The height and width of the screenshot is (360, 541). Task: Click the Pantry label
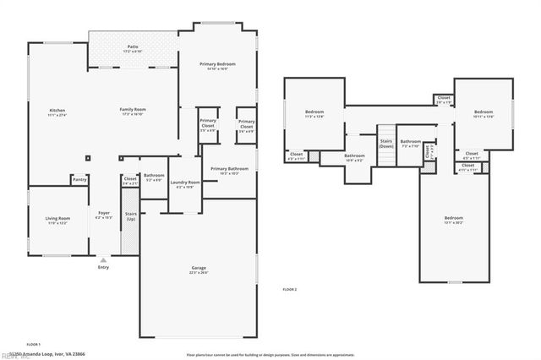pos(79,179)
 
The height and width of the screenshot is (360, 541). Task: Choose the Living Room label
pos(57,221)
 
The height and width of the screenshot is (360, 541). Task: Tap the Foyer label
pos(103,215)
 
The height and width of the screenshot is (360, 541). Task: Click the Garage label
pos(199,270)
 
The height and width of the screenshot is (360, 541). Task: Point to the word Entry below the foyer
pos(103,268)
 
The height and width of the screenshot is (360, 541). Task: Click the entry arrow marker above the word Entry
pos(103,259)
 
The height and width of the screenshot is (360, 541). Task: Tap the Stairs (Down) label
pos(385,144)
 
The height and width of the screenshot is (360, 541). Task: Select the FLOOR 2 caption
pos(290,290)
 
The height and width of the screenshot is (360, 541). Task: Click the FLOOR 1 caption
pos(34,345)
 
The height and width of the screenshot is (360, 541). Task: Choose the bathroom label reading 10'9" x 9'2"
pos(354,158)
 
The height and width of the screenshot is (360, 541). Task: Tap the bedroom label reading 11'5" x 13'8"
pos(314,114)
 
